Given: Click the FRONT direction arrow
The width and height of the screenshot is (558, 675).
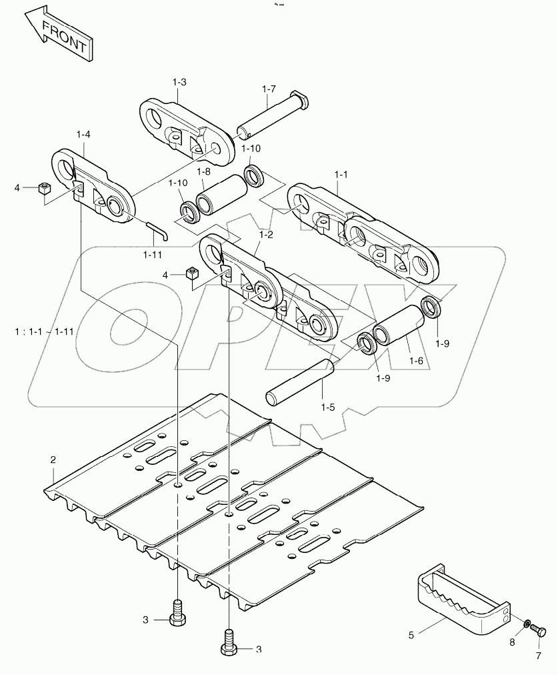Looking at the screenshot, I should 61,33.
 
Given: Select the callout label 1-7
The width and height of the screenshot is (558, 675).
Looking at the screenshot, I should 269,89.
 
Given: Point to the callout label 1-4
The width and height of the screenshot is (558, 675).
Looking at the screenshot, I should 83,135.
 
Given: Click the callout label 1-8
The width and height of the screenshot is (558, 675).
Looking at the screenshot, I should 203,172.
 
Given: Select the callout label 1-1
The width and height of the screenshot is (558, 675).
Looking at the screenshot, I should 341,174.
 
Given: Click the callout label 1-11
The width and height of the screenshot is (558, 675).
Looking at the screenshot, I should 152,254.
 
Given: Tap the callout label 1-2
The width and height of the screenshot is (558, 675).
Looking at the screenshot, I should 266,235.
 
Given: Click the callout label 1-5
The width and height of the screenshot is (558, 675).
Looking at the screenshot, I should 327,407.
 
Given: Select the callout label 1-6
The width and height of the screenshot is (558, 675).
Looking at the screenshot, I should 416,360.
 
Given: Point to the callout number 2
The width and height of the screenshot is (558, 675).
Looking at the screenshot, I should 53,460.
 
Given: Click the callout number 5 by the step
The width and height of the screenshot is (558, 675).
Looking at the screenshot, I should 411,636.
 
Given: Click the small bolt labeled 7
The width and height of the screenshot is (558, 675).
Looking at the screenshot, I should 540,630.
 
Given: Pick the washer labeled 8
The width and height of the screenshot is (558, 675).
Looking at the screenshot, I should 526,624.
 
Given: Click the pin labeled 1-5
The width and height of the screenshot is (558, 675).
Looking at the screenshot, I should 299,382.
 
